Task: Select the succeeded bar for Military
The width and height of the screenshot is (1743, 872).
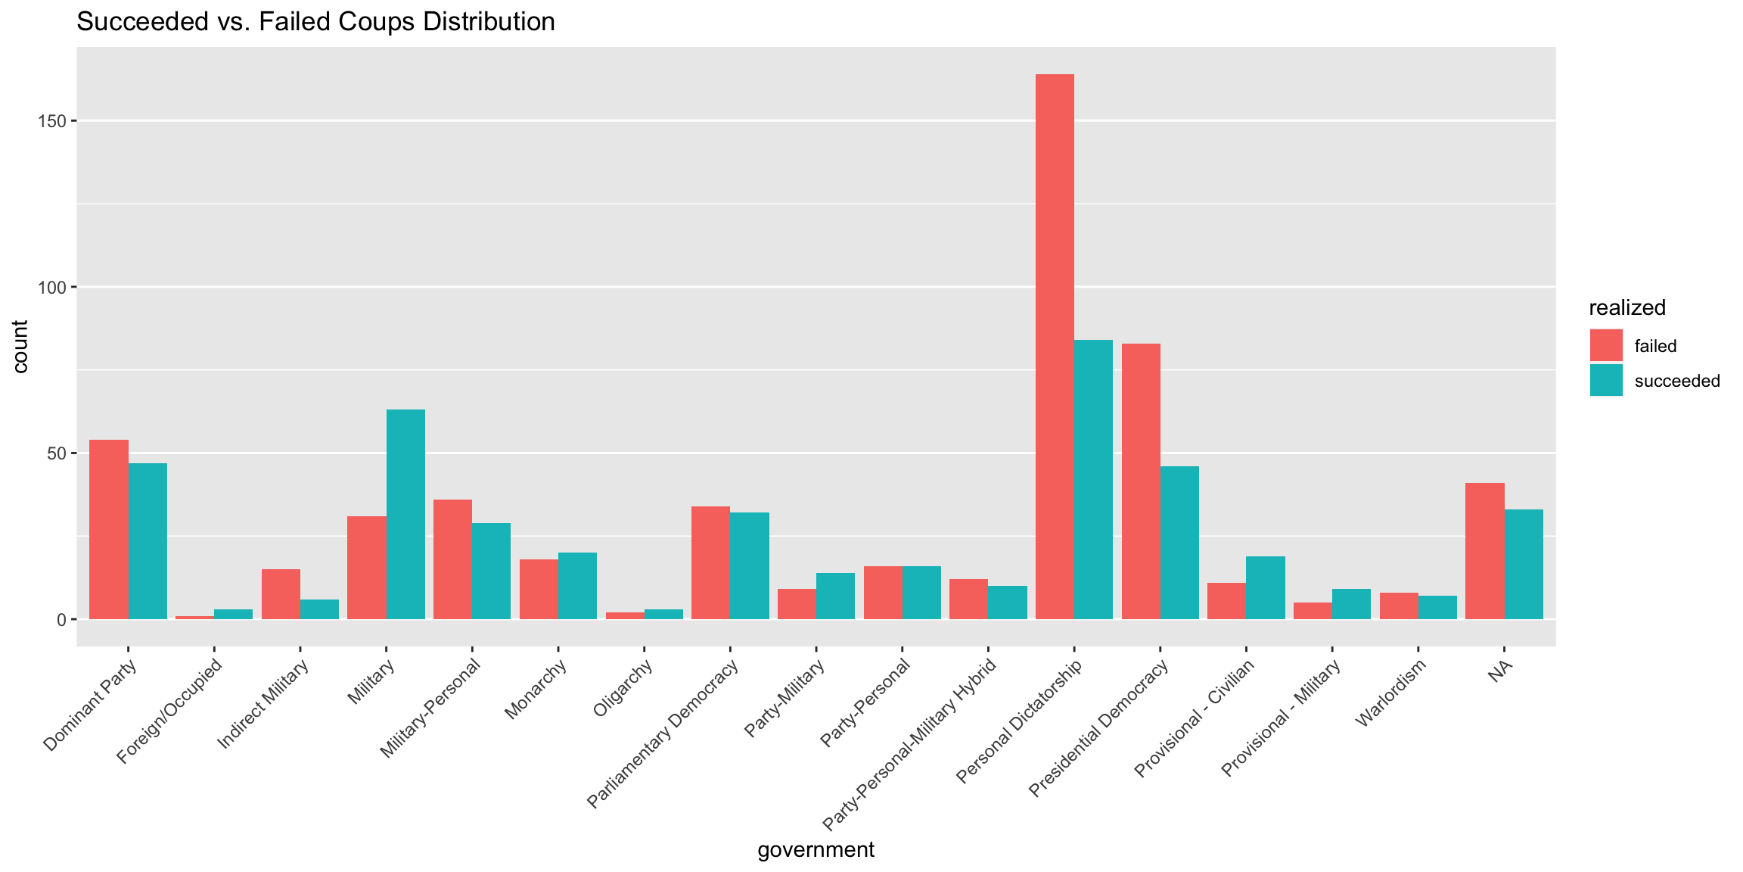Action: (405, 515)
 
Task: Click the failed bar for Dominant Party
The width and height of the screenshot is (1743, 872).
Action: (109, 530)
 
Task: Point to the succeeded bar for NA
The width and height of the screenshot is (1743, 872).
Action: (1524, 564)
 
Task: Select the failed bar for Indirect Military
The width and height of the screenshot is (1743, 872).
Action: (281, 594)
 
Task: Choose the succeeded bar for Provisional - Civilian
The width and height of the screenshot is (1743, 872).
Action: (1266, 587)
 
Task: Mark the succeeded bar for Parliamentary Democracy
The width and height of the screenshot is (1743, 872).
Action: (749, 565)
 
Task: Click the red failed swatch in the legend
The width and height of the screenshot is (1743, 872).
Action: (1606, 346)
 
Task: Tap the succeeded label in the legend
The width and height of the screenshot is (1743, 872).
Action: (1677, 381)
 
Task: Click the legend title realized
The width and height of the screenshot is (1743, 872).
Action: (1627, 308)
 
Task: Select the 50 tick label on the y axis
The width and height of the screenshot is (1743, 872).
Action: (57, 453)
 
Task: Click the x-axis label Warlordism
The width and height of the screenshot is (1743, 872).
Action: (1392, 693)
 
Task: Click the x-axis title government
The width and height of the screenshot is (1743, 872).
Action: (816, 850)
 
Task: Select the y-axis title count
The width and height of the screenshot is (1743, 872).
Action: (20, 347)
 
